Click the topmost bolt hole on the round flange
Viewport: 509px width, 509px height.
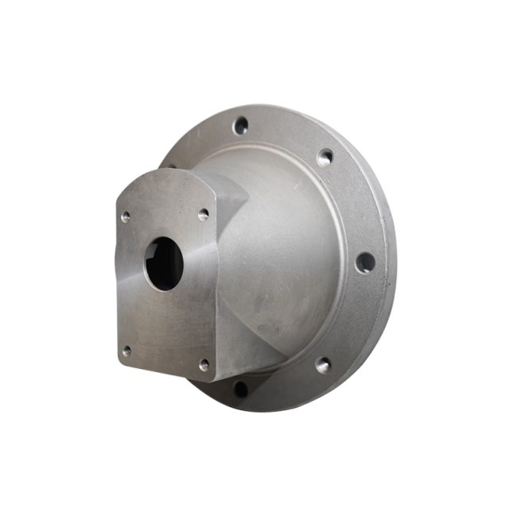click(x=240, y=126)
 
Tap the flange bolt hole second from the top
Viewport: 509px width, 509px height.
click(x=324, y=157)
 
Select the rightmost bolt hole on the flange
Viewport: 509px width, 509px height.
click(x=364, y=262)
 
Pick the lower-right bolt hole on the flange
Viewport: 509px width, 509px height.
click(x=322, y=365)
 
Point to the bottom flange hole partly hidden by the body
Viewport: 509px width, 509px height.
click(x=240, y=389)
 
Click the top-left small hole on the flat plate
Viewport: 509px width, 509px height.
click(x=126, y=215)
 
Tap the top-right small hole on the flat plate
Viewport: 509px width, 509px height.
click(x=204, y=214)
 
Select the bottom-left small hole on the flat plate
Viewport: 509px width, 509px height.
click(x=126, y=350)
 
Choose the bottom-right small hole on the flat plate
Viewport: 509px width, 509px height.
click(x=204, y=364)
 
